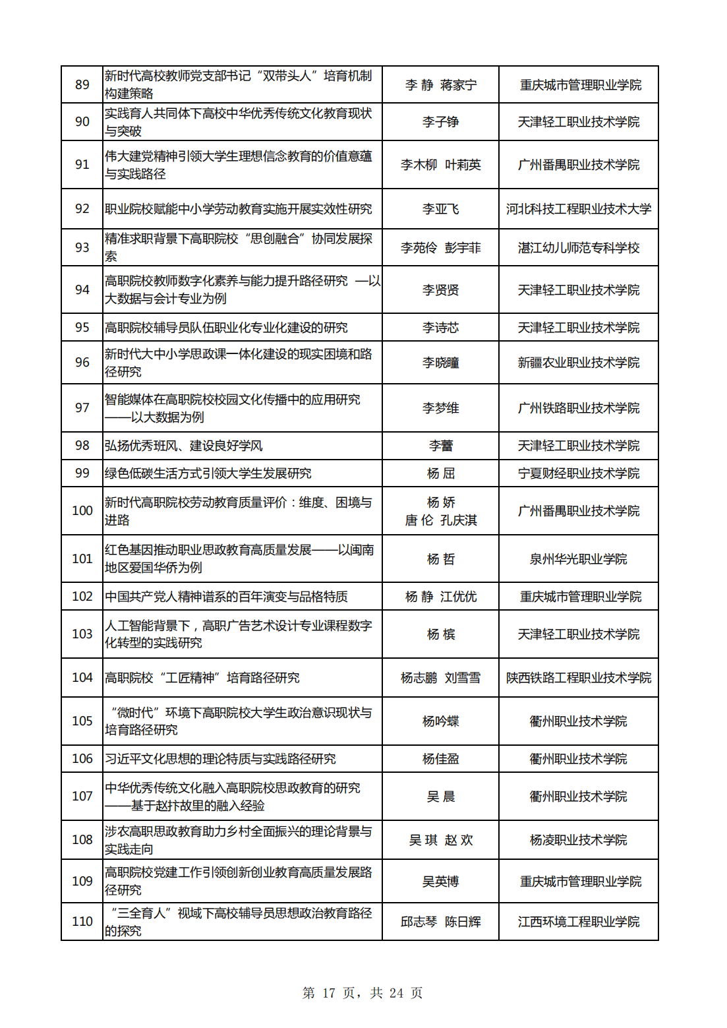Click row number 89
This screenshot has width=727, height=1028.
82,85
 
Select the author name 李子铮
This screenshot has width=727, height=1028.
440,122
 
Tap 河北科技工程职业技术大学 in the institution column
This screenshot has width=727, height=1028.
578,209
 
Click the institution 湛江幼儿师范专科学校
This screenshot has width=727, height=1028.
578,248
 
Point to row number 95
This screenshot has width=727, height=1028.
82,328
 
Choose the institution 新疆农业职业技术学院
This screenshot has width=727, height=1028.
578,363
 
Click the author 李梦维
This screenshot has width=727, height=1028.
440,408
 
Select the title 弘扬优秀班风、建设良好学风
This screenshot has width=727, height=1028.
184,446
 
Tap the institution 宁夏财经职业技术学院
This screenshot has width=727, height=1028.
578,473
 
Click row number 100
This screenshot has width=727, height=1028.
82,511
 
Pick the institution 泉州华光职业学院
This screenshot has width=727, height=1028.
578,559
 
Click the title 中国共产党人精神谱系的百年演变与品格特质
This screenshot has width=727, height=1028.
226,597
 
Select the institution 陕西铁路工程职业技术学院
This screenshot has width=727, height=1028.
578,678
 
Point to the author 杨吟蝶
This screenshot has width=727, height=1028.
440,721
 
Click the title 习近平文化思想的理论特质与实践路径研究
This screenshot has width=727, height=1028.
220,759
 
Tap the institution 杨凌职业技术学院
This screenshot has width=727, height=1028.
578,840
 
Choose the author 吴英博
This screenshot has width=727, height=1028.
440,882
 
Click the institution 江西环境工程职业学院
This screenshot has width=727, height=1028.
578,922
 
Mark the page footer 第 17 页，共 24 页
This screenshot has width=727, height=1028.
363,993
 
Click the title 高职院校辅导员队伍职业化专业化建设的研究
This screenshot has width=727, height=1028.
226,328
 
